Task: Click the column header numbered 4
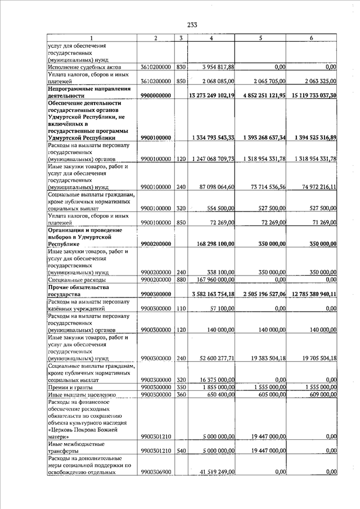[x=211, y=38]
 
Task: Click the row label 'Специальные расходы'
[x=76, y=280]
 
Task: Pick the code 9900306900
[x=156, y=472]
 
